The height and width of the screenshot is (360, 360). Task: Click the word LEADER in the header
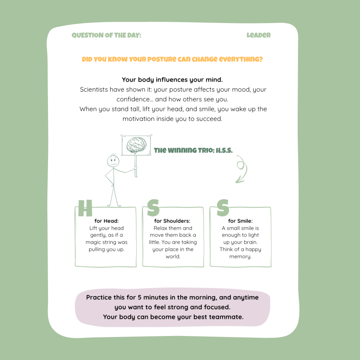pyautogui.click(x=259, y=35)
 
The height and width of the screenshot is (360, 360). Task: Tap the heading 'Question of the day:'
pyautogui.click(x=106, y=35)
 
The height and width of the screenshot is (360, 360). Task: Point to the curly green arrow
pyautogui.click(x=241, y=169)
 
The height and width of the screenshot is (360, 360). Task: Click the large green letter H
pyautogui.click(x=85, y=209)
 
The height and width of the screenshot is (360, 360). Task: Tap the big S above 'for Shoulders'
pyautogui.click(x=153, y=208)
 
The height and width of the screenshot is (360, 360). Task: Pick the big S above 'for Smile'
pyautogui.click(x=223, y=208)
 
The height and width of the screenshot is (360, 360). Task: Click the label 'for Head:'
pyautogui.click(x=106, y=221)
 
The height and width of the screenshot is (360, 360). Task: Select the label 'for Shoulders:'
pyautogui.click(x=172, y=221)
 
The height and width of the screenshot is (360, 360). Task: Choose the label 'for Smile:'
pyautogui.click(x=240, y=221)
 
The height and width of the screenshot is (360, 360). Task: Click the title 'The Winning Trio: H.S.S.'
pyautogui.click(x=193, y=150)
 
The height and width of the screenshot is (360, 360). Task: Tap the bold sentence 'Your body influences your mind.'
pyautogui.click(x=172, y=80)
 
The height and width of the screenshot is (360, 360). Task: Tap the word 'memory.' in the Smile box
pyautogui.click(x=240, y=257)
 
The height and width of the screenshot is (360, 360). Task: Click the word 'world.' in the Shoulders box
pyautogui.click(x=173, y=257)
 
